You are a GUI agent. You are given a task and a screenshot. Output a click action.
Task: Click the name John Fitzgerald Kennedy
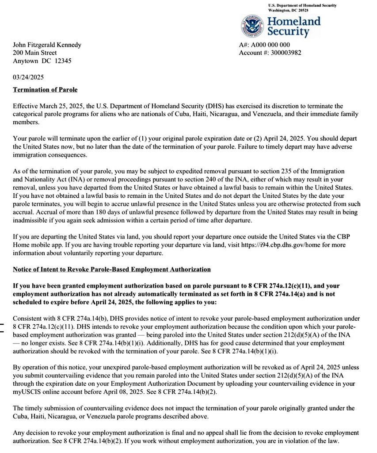click(47, 45)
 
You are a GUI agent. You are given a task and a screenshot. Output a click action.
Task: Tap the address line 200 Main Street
click(34, 53)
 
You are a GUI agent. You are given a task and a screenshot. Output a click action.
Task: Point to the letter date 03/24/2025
click(28, 77)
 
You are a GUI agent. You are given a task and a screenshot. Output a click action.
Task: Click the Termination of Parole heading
click(45, 90)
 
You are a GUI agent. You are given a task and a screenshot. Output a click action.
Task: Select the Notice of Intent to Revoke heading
click(111, 269)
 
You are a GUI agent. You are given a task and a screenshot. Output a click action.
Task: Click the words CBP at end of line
click(351, 237)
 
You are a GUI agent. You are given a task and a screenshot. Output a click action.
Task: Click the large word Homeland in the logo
click(293, 21)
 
